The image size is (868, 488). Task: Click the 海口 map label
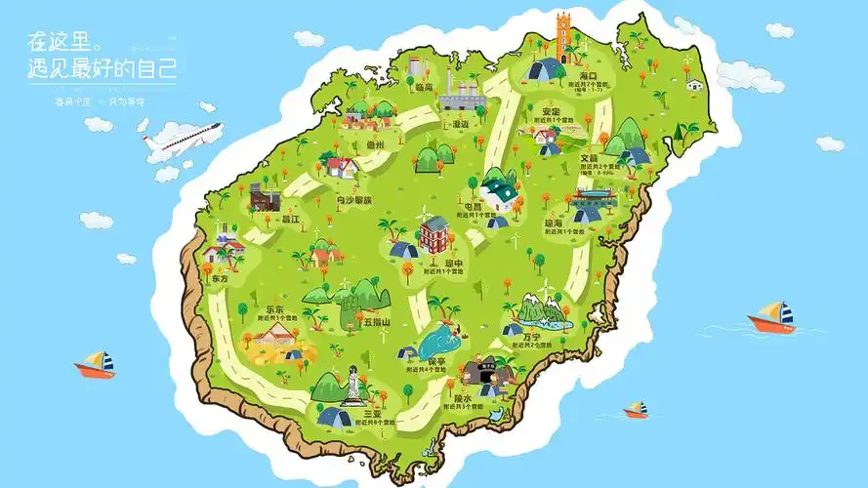coord(587,76)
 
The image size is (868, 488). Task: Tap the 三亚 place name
coord(372,414)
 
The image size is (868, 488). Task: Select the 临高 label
coord(423,87)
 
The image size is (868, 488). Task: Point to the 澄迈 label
coord(459,124)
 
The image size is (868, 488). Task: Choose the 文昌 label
coord(589,158)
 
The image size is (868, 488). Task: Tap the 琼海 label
coord(554,224)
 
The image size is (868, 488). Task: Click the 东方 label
coord(220,278)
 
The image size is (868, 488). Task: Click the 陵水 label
coord(463,399)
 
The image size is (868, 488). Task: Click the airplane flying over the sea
coord(183,142)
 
